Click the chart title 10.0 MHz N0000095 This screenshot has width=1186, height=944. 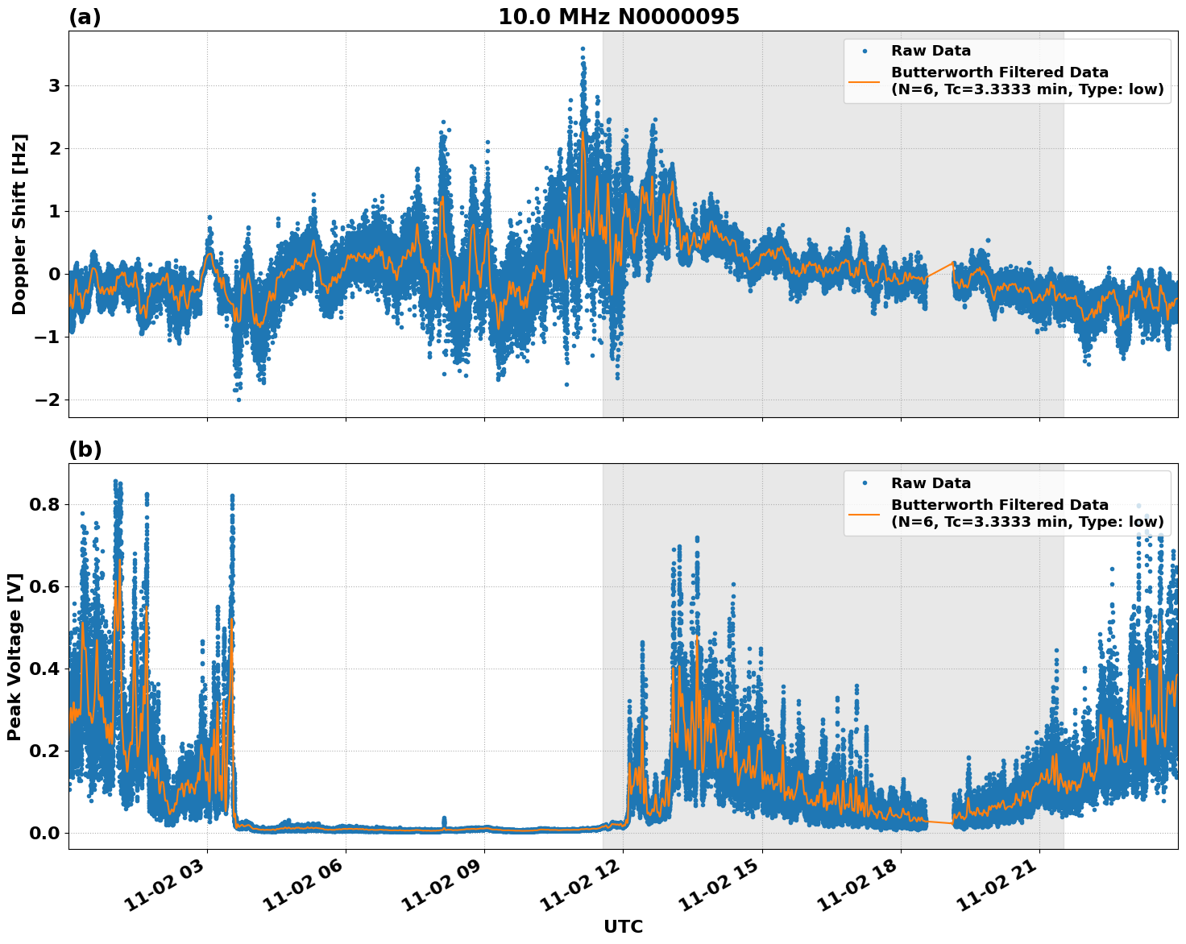coord(618,17)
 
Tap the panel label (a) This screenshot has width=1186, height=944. coord(85,17)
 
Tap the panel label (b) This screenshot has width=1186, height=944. coord(85,449)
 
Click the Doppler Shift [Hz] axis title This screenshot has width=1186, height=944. coord(19,224)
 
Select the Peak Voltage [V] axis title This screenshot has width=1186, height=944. coord(15,656)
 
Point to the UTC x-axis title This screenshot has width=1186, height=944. coord(623,926)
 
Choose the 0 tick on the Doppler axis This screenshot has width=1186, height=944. coord(55,275)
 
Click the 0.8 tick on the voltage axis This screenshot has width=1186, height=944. coord(44,505)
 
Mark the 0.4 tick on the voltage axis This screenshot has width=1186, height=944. coord(44,669)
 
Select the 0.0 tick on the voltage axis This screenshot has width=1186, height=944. coord(44,833)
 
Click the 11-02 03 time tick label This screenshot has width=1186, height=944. coord(174,886)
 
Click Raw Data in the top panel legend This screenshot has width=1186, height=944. coord(931,51)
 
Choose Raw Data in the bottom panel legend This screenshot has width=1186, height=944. coord(931,483)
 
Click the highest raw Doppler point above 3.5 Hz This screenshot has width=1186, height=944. coord(583,48)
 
